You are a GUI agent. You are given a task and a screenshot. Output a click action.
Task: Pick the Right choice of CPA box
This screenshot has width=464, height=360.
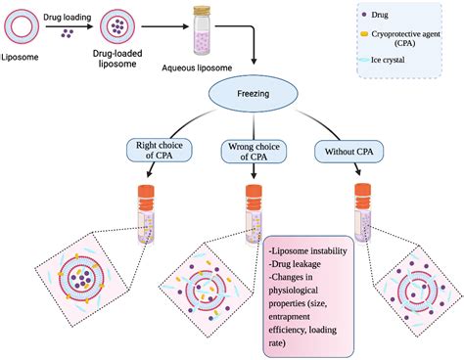coord(151,151)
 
